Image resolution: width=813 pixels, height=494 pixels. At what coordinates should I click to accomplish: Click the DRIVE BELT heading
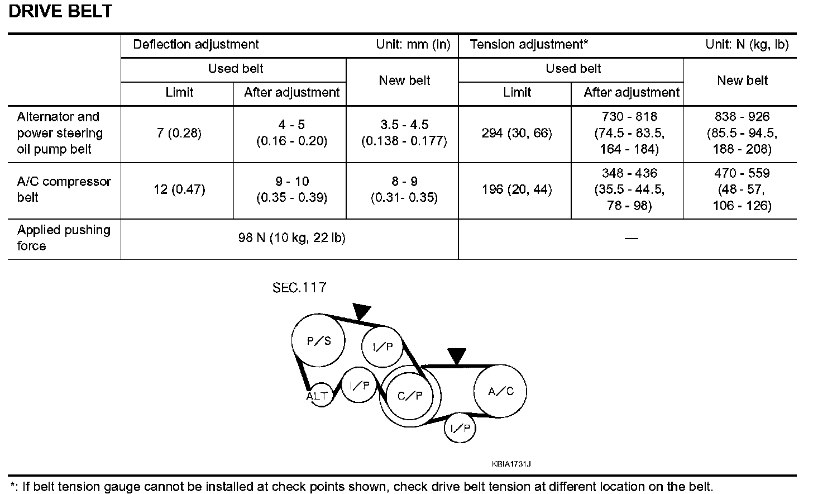pyautogui.click(x=60, y=12)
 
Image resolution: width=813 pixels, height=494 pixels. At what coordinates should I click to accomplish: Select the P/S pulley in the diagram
pyautogui.click(x=319, y=340)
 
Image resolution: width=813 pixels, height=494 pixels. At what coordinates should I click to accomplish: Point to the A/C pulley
pyautogui.click(x=500, y=391)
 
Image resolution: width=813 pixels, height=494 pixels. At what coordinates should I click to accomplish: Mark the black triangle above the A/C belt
pyautogui.click(x=457, y=355)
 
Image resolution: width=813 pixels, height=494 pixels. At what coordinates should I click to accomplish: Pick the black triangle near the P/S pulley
pyautogui.click(x=361, y=311)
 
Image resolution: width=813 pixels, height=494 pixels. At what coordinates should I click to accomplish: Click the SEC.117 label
pyautogui.click(x=299, y=288)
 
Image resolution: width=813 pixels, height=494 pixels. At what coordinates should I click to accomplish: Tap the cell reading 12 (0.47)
pyautogui.click(x=179, y=189)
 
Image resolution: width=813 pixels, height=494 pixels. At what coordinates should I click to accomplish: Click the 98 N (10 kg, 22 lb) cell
pyautogui.click(x=291, y=238)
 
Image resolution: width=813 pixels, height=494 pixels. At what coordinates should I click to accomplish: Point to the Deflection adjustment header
pyautogui.click(x=196, y=45)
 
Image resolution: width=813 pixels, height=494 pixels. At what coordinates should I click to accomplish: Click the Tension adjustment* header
pyautogui.click(x=529, y=45)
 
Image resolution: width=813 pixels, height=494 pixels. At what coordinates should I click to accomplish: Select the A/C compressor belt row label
pyautogui.click(x=63, y=189)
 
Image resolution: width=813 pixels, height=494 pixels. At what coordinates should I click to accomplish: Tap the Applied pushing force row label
pyautogui.click(x=63, y=238)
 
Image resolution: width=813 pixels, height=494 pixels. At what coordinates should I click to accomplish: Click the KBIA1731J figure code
pyautogui.click(x=511, y=464)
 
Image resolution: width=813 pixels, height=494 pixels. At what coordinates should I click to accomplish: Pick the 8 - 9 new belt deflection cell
pyautogui.click(x=404, y=189)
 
